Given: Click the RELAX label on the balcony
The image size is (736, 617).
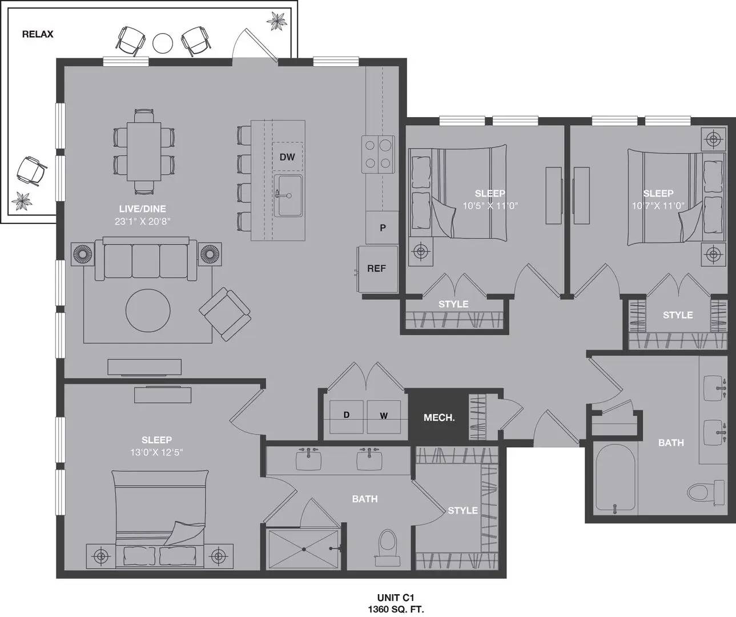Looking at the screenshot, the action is (38, 34).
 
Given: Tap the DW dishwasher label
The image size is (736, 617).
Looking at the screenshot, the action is (287, 157).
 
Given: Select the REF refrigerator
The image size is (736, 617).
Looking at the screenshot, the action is (377, 269).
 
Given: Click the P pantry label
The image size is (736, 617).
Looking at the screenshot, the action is (383, 228).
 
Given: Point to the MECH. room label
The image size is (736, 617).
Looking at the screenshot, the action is (439, 418).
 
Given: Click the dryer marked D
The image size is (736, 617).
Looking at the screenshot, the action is (346, 417).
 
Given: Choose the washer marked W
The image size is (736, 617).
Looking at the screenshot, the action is (384, 417).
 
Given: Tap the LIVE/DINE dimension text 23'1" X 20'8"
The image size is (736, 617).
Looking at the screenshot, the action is (142, 222).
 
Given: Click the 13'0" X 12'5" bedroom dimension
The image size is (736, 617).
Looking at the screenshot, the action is (156, 452).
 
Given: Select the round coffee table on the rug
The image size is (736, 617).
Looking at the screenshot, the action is (148, 311).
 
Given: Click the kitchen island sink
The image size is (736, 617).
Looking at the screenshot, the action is (288, 195).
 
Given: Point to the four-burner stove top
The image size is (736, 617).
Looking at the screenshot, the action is (378, 154).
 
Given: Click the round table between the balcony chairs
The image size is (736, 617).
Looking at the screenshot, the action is (163, 43).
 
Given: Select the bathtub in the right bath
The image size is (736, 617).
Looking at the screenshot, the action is (615, 477).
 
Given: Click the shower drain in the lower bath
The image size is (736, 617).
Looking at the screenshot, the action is (304, 549).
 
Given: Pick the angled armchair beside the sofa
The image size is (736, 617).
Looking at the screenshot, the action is (225, 314).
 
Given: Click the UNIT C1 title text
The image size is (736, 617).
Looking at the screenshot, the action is (396, 598).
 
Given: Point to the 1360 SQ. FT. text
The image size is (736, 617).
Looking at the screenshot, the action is (396, 609).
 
